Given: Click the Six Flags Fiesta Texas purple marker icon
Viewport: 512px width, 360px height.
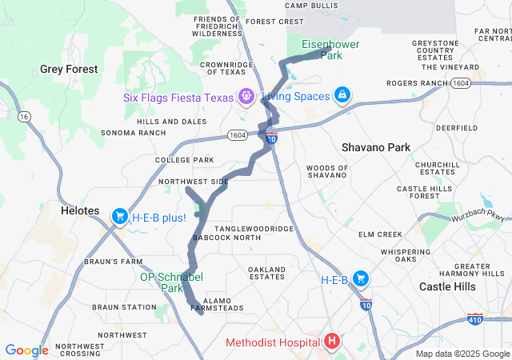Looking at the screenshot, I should (x=246, y=97).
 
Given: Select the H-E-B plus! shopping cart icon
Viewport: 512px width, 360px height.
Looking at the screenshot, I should (x=119, y=216).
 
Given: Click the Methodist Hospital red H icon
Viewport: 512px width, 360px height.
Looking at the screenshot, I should (x=332, y=342).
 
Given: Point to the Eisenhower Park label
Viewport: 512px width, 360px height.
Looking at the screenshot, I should (x=330, y=50).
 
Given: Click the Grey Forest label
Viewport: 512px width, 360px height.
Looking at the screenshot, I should (x=69, y=70).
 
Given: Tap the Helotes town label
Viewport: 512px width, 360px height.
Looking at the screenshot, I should (x=80, y=211).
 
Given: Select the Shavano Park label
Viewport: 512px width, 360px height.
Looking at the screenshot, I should (x=375, y=147).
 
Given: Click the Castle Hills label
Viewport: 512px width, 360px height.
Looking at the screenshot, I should (x=447, y=286).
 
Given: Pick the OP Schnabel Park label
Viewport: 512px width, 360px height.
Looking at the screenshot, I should (x=172, y=282).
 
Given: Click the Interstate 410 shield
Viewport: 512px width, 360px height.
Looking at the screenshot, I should (x=475, y=319).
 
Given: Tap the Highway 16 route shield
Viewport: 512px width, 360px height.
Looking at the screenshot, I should (x=26, y=117).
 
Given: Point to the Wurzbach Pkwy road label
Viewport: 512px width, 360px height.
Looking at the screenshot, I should (x=479, y=216).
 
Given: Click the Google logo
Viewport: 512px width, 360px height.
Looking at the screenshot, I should (x=26, y=350).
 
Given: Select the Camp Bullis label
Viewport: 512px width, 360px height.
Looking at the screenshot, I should (x=308, y=5).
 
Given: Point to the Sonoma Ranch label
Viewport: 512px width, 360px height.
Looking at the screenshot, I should (x=128, y=133).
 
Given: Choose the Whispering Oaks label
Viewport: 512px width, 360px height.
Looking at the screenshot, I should (x=406, y=255).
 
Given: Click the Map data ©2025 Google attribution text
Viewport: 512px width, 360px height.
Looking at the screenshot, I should (x=462, y=354).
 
